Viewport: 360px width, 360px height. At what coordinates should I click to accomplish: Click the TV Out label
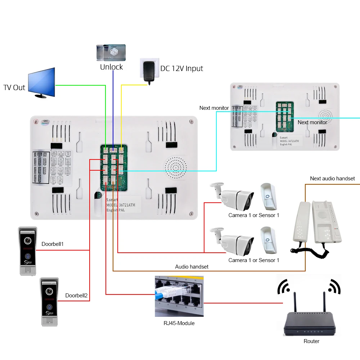[x=14, y=87]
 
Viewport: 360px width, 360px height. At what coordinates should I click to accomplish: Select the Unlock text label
[x=111, y=67]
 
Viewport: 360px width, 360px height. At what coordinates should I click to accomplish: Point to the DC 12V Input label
[x=181, y=68]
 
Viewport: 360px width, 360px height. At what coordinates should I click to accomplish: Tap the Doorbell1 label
[x=53, y=244]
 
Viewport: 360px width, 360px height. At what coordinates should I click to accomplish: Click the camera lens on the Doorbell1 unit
[x=27, y=240]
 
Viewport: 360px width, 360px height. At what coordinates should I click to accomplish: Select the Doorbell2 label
[x=76, y=296]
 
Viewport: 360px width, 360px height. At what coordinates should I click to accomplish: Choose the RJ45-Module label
[x=179, y=323]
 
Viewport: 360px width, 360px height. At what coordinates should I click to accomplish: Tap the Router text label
[x=311, y=341]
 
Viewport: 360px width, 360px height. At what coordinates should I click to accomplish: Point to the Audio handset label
[x=192, y=267]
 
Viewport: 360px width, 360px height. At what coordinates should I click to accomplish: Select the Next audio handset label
[x=332, y=179]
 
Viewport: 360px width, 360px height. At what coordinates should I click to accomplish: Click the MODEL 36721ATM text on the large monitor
[x=121, y=204]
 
